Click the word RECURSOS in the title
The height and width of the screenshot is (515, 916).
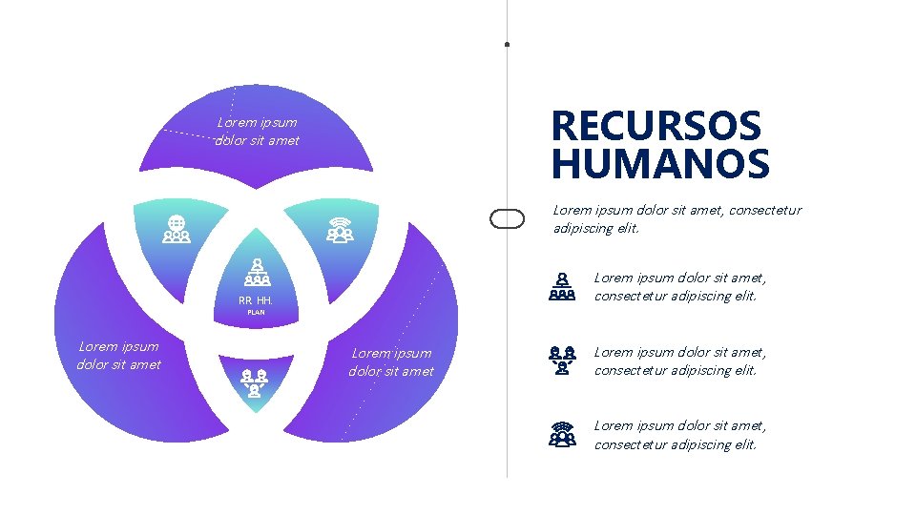click(x=656, y=126)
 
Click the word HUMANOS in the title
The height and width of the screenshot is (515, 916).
click(x=660, y=164)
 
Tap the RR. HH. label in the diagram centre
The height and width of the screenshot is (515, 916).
click(x=256, y=300)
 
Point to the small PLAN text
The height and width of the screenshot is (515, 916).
click(x=256, y=313)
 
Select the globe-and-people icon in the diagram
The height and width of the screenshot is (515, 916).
click(x=177, y=229)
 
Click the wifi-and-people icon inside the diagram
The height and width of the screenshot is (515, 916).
click(x=339, y=230)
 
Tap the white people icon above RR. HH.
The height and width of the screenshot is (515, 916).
click(x=256, y=273)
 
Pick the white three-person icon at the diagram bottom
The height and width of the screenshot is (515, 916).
click(x=255, y=381)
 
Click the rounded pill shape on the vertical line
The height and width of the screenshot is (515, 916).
click(x=507, y=219)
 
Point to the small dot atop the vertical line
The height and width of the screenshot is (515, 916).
click(x=507, y=44)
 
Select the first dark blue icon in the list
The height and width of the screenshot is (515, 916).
click(x=563, y=286)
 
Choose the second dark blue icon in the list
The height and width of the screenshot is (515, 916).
click(x=563, y=360)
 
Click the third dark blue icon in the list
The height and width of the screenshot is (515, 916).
click(x=563, y=435)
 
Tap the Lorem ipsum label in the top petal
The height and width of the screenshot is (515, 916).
click(x=258, y=132)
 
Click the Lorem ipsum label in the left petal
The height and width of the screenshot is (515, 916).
click(x=119, y=355)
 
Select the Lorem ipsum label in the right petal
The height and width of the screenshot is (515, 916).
click(x=391, y=362)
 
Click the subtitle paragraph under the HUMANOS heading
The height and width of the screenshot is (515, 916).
click(x=677, y=218)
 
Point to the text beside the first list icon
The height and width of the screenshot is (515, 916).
click(x=680, y=286)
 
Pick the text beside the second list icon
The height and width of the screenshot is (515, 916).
click(x=680, y=360)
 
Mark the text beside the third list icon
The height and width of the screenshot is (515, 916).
click(x=680, y=435)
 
